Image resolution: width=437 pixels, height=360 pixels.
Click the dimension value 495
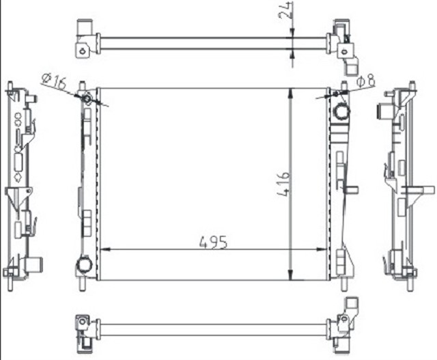point(212,242)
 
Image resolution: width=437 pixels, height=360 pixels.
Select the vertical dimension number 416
point(283,184)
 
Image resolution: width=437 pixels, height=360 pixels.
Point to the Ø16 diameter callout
point(53,82)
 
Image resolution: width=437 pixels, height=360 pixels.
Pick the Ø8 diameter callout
point(366,82)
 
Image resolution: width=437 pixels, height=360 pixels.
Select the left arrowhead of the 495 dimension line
point(104,250)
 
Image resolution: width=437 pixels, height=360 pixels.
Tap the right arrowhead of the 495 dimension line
point(327,250)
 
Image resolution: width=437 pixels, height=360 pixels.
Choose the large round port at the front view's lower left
point(85,264)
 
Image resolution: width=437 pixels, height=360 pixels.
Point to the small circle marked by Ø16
point(87,100)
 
